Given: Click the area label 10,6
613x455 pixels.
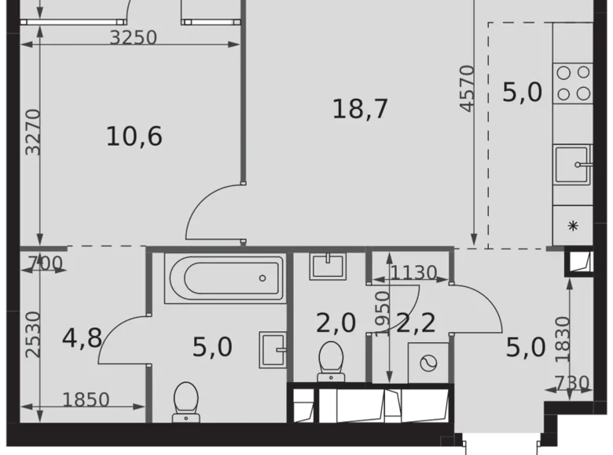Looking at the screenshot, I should (x=134, y=136).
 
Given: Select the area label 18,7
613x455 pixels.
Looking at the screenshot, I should (x=361, y=109).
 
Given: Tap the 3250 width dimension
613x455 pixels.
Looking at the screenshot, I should (x=134, y=37).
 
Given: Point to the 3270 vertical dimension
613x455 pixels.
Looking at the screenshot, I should (x=31, y=132).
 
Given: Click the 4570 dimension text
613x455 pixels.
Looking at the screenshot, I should (x=468, y=89).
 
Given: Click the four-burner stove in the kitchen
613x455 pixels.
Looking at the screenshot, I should (x=573, y=82).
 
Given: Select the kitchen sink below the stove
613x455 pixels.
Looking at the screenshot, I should (x=573, y=164).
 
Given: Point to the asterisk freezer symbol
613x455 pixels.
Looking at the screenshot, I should (x=573, y=226).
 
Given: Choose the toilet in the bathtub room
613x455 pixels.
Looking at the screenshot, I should (x=188, y=399).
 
